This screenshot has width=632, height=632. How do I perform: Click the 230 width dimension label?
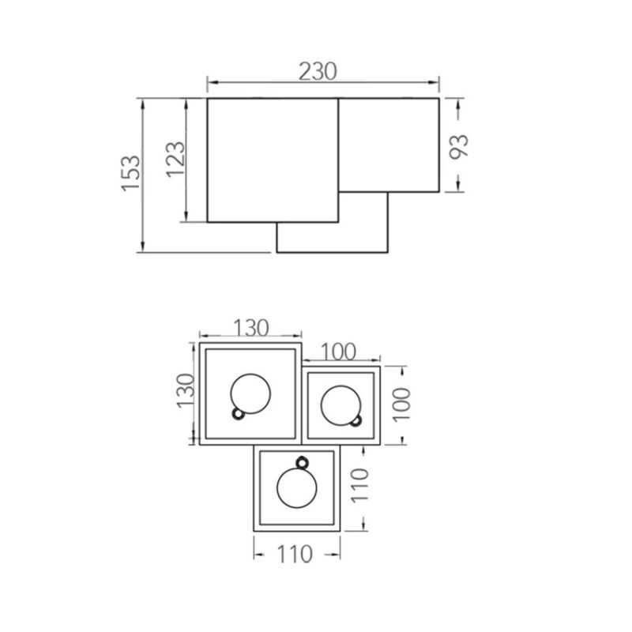(318, 71)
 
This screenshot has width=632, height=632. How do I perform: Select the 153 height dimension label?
(131, 171)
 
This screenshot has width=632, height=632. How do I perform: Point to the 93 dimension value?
(459, 146)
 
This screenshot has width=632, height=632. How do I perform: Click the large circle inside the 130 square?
(251, 393)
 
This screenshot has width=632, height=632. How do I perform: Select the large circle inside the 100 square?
(340, 404)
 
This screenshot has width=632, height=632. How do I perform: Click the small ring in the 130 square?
(236, 413)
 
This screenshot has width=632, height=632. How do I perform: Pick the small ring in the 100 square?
(356, 420)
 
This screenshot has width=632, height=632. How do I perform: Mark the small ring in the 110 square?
(301, 462)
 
